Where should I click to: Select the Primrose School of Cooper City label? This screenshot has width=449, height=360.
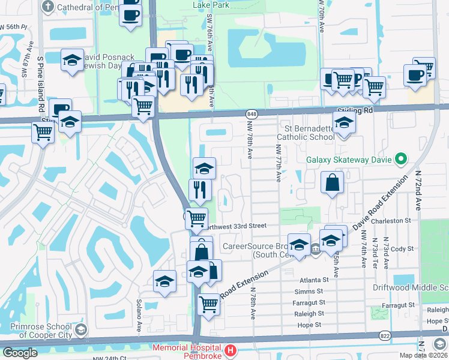[40, 329]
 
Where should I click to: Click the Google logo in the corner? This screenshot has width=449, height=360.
[20, 353]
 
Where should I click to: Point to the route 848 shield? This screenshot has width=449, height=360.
[252, 113]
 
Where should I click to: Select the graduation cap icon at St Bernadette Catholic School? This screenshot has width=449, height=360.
[344, 123]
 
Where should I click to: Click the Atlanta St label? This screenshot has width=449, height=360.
[314, 280]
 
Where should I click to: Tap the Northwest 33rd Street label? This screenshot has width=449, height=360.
[236, 226]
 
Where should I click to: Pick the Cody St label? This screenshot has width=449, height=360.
[402, 248]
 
